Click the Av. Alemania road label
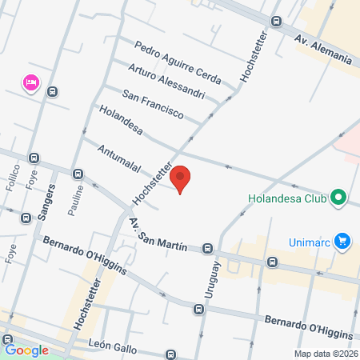pos(323,48)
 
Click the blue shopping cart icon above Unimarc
pos(343,240)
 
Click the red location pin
pos(181,179)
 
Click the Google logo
pos(26,350)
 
